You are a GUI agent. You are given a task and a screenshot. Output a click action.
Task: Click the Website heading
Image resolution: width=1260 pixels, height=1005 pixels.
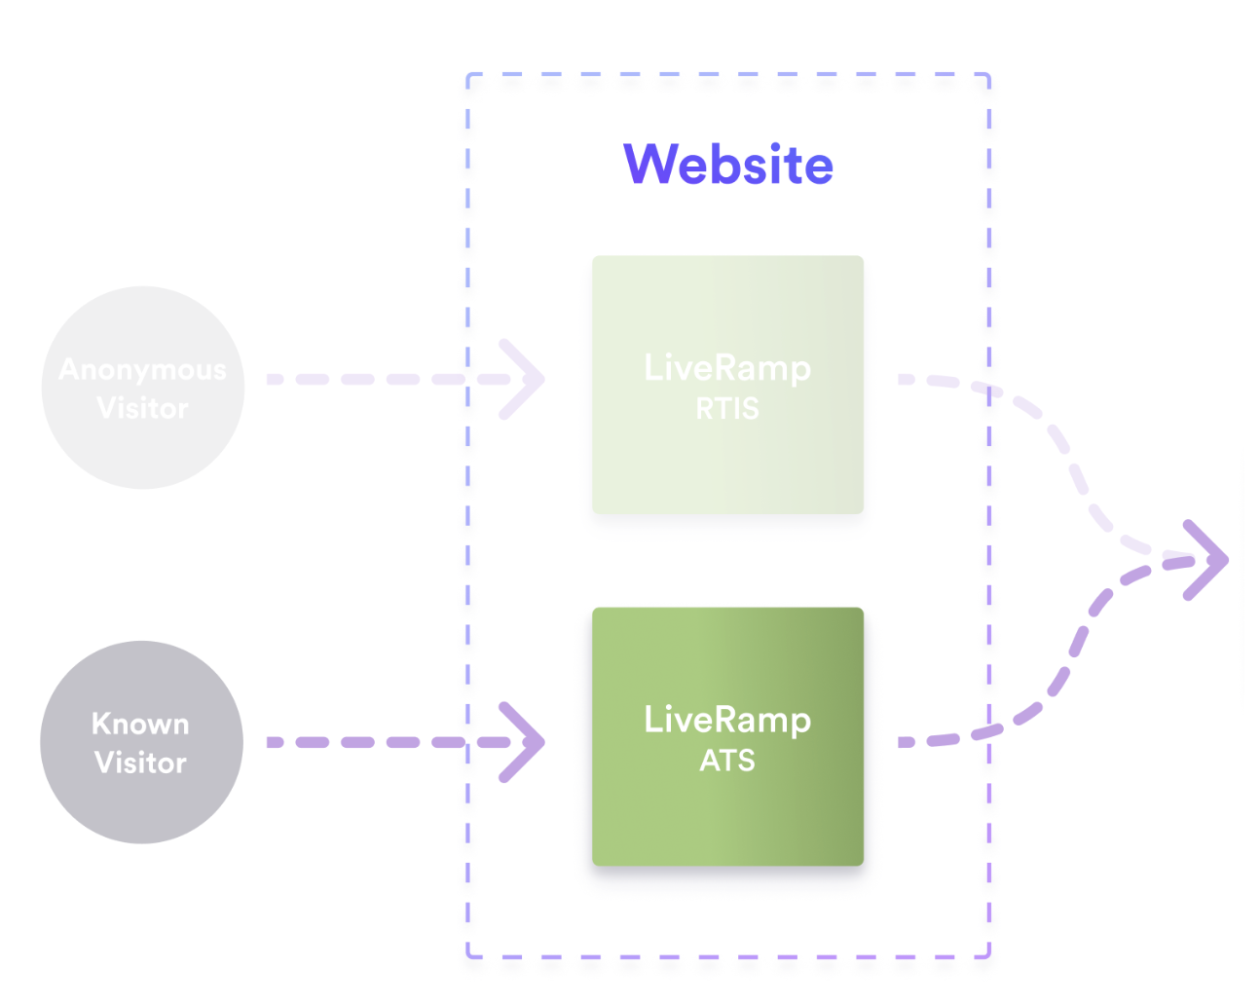pyautogui.click(x=727, y=164)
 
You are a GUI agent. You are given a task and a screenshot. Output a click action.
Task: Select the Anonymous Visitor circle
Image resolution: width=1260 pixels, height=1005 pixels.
pyautogui.click(x=142, y=388)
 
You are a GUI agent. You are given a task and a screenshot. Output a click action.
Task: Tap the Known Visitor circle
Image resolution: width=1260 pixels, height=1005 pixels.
pyautogui.click(x=141, y=742)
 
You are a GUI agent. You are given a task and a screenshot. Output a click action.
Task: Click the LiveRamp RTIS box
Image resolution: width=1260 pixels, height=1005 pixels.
pyautogui.click(x=727, y=385)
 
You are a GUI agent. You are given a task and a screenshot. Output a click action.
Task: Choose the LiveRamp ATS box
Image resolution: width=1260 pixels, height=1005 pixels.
pyautogui.click(x=727, y=736)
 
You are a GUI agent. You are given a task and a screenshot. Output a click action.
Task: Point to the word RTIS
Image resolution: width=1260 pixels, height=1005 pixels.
pyautogui.click(x=727, y=409)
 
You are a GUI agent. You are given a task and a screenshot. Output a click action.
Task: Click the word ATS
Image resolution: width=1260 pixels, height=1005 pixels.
pyautogui.click(x=727, y=761)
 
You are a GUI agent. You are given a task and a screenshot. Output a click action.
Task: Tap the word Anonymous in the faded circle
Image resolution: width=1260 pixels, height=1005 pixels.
pyautogui.click(x=142, y=370)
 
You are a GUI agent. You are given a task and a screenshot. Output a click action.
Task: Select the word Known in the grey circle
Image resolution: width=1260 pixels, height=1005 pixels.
pyautogui.click(x=140, y=724)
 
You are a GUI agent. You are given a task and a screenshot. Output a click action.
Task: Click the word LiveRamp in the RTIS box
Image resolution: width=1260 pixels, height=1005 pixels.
pyautogui.click(x=727, y=367)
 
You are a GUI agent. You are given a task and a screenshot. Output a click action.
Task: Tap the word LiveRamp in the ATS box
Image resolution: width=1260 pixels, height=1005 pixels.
pyautogui.click(x=727, y=720)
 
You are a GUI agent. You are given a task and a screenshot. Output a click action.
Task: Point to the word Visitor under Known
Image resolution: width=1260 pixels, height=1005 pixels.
pyautogui.click(x=140, y=763)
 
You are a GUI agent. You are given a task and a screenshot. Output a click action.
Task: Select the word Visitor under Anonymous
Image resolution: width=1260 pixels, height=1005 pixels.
pyautogui.click(x=142, y=408)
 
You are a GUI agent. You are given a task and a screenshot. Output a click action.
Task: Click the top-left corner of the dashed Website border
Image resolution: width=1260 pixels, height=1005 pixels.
pyautogui.click(x=468, y=75)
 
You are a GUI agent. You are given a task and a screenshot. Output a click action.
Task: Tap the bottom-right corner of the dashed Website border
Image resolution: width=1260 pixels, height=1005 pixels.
pyautogui.click(x=988, y=955)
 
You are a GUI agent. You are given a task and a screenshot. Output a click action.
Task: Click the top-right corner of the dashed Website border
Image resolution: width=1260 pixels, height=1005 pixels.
pyautogui.click(x=988, y=75)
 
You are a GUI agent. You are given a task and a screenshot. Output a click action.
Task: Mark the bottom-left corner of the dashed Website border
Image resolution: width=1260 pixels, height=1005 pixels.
pyautogui.click(x=468, y=955)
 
